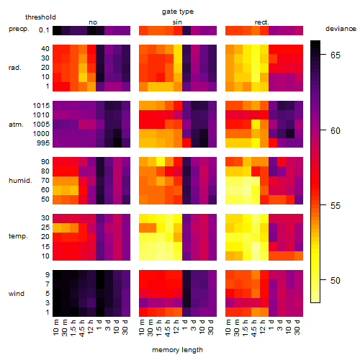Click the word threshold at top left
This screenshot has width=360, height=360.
coord(40,17)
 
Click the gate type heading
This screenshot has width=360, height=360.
coord(178,12)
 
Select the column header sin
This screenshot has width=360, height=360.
coord(177,22)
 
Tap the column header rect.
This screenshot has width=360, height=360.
coord(261,22)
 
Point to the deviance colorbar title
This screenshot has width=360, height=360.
coord(341,29)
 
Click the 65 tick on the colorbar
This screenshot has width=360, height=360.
coord(336,55)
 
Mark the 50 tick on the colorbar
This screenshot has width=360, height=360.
coord(336,280)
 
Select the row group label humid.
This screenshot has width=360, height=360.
coord(20,181)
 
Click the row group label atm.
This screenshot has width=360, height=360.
coord(16,125)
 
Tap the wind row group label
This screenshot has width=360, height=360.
coord(17,294)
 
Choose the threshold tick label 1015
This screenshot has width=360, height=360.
coord(41,106)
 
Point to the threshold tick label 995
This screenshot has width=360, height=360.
coord(43,143)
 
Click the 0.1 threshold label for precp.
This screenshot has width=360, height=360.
coord(44,30)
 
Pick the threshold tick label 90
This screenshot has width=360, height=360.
coord(45,162)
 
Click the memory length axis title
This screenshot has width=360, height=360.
coord(178,350)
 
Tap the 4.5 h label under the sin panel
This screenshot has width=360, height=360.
coord(168,328)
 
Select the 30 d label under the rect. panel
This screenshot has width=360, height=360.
coord(297,328)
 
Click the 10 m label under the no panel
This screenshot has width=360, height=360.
coord(55,328)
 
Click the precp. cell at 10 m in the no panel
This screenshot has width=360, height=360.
coord(57,30)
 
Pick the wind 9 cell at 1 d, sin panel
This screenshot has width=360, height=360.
coord(186,275)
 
